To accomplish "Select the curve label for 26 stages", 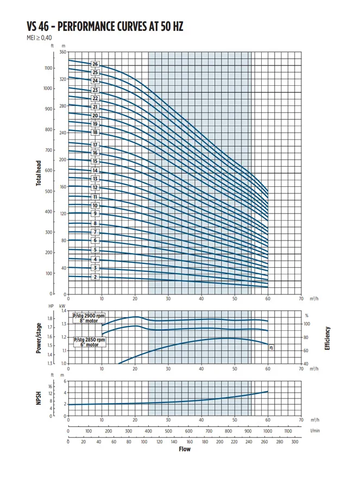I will point(95,65).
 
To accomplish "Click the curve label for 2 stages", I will point(95,277).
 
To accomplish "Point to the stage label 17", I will point(95,145).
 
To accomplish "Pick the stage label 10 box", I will point(95,206).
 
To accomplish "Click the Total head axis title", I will point(39,173).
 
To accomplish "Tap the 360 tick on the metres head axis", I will point(62,52).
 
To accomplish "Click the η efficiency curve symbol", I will point(271,347).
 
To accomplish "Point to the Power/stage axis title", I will point(39,337).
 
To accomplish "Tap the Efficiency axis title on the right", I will point(327,338).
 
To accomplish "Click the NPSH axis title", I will point(39,399).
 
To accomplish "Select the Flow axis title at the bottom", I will point(185,449).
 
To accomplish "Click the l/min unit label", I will point(314,431).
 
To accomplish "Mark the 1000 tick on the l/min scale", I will point(268,431).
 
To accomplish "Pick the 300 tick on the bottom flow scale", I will point(294,442).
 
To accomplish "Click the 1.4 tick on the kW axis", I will point(63,311).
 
